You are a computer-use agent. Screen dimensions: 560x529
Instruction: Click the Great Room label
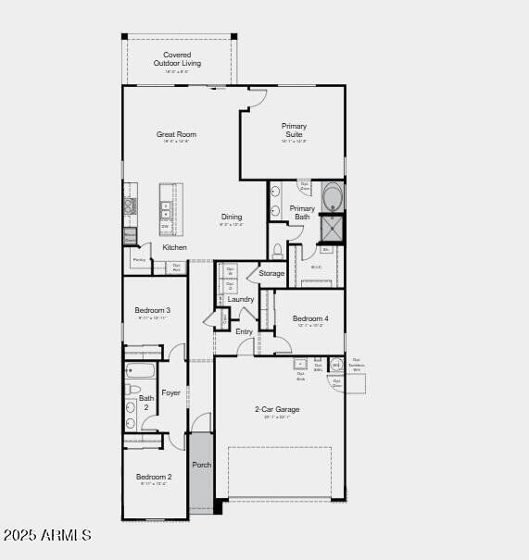(176, 134)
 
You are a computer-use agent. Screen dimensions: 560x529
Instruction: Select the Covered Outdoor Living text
(177, 58)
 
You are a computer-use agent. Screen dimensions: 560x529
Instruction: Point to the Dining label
(231, 217)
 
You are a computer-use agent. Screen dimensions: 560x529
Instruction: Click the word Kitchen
(174, 247)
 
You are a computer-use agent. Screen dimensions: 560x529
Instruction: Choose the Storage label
(271, 273)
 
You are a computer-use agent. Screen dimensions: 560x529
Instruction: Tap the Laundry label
(241, 299)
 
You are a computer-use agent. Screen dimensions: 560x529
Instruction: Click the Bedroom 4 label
(310, 318)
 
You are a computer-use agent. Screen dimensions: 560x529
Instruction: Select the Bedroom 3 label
(152, 310)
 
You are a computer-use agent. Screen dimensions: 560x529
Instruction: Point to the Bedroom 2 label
(154, 477)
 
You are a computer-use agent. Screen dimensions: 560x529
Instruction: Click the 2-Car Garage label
(277, 409)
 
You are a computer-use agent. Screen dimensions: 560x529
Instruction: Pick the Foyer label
(171, 392)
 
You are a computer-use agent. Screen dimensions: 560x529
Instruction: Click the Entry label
(244, 331)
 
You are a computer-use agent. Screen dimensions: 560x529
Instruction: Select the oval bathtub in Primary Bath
(333, 198)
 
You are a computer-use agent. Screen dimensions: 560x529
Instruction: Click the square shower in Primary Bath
(332, 228)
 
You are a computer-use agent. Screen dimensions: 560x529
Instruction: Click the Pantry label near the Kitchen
(139, 260)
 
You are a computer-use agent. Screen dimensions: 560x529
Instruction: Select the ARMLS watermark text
(48, 535)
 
